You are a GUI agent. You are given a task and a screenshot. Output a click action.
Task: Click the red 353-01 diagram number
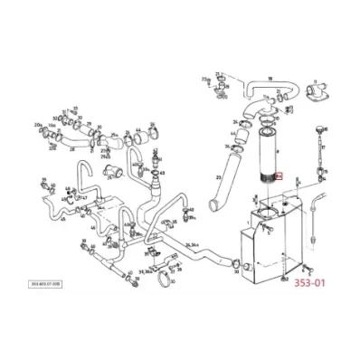pyautogui.click(x=311, y=281)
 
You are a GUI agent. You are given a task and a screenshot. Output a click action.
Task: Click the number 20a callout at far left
pyautogui.click(x=37, y=123)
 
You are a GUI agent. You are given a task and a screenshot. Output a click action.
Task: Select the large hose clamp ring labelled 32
pyautogui.click(x=164, y=276)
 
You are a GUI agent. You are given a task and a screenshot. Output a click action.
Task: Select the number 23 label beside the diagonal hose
pyautogui.click(x=217, y=178)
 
